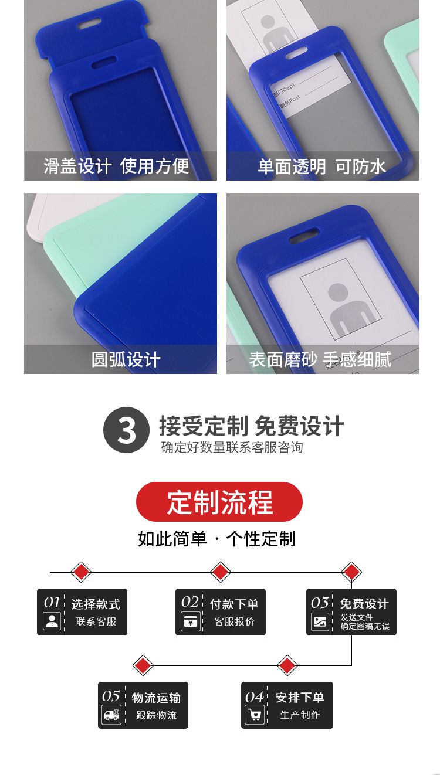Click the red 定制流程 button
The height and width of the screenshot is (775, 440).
(219, 502)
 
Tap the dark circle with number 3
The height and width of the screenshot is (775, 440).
(126, 430)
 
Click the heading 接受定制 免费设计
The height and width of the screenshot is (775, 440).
(251, 426)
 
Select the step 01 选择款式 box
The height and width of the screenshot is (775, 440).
(82, 612)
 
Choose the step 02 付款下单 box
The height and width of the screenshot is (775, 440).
(221, 612)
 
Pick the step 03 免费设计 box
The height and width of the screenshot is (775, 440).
(351, 612)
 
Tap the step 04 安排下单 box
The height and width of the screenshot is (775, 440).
(287, 705)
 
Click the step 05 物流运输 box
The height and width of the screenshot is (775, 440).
(143, 705)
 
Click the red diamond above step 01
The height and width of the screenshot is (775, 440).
(81, 572)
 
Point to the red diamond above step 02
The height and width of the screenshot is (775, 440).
(220, 572)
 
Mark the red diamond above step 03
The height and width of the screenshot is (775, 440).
(351, 572)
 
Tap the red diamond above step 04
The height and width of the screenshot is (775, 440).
(287, 665)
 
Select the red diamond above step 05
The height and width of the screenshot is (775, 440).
(143, 665)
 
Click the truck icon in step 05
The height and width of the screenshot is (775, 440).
(111, 715)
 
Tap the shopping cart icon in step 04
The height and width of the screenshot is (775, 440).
(255, 715)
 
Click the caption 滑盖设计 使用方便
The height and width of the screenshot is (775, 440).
(116, 166)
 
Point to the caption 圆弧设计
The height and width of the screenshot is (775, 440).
(126, 359)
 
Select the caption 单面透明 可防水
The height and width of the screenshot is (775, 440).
(322, 166)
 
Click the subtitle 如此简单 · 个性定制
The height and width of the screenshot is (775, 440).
(216, 538)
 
